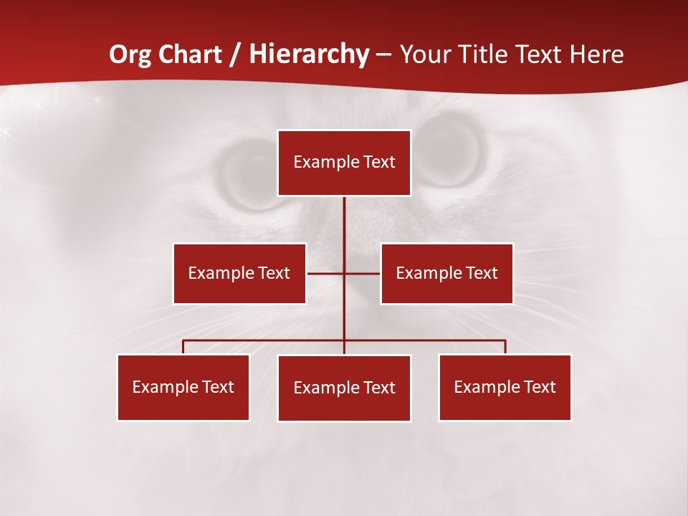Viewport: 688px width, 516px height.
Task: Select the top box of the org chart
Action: [344, 163]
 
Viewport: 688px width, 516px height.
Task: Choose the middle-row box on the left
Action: [239, 273]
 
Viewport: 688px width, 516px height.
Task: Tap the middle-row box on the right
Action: [446, 273]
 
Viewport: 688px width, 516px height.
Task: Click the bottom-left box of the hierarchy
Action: [183, 387]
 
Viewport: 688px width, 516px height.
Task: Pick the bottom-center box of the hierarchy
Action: [344, 388]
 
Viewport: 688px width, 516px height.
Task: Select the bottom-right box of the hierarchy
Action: [505, 387]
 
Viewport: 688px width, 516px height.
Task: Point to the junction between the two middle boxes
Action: [344, 273]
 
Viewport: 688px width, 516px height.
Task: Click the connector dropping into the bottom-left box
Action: [183, 347]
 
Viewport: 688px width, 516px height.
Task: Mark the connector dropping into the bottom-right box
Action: [505, 347]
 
